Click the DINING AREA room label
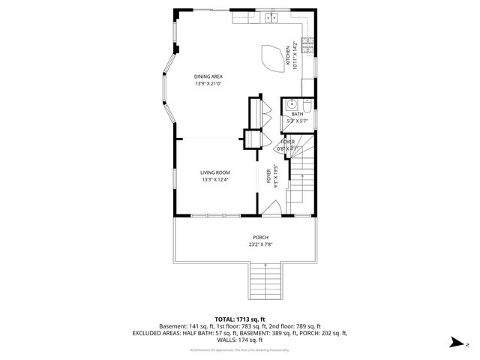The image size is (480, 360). click(x=208, y=76)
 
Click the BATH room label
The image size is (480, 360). click(x=297, y=114)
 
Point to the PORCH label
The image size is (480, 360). click(x=260, y=237)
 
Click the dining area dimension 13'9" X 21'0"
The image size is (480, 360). click(x=208, y=84)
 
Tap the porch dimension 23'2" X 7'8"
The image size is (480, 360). click(x=260, y=244)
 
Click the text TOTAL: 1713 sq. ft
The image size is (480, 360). click(x=240, y=319)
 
